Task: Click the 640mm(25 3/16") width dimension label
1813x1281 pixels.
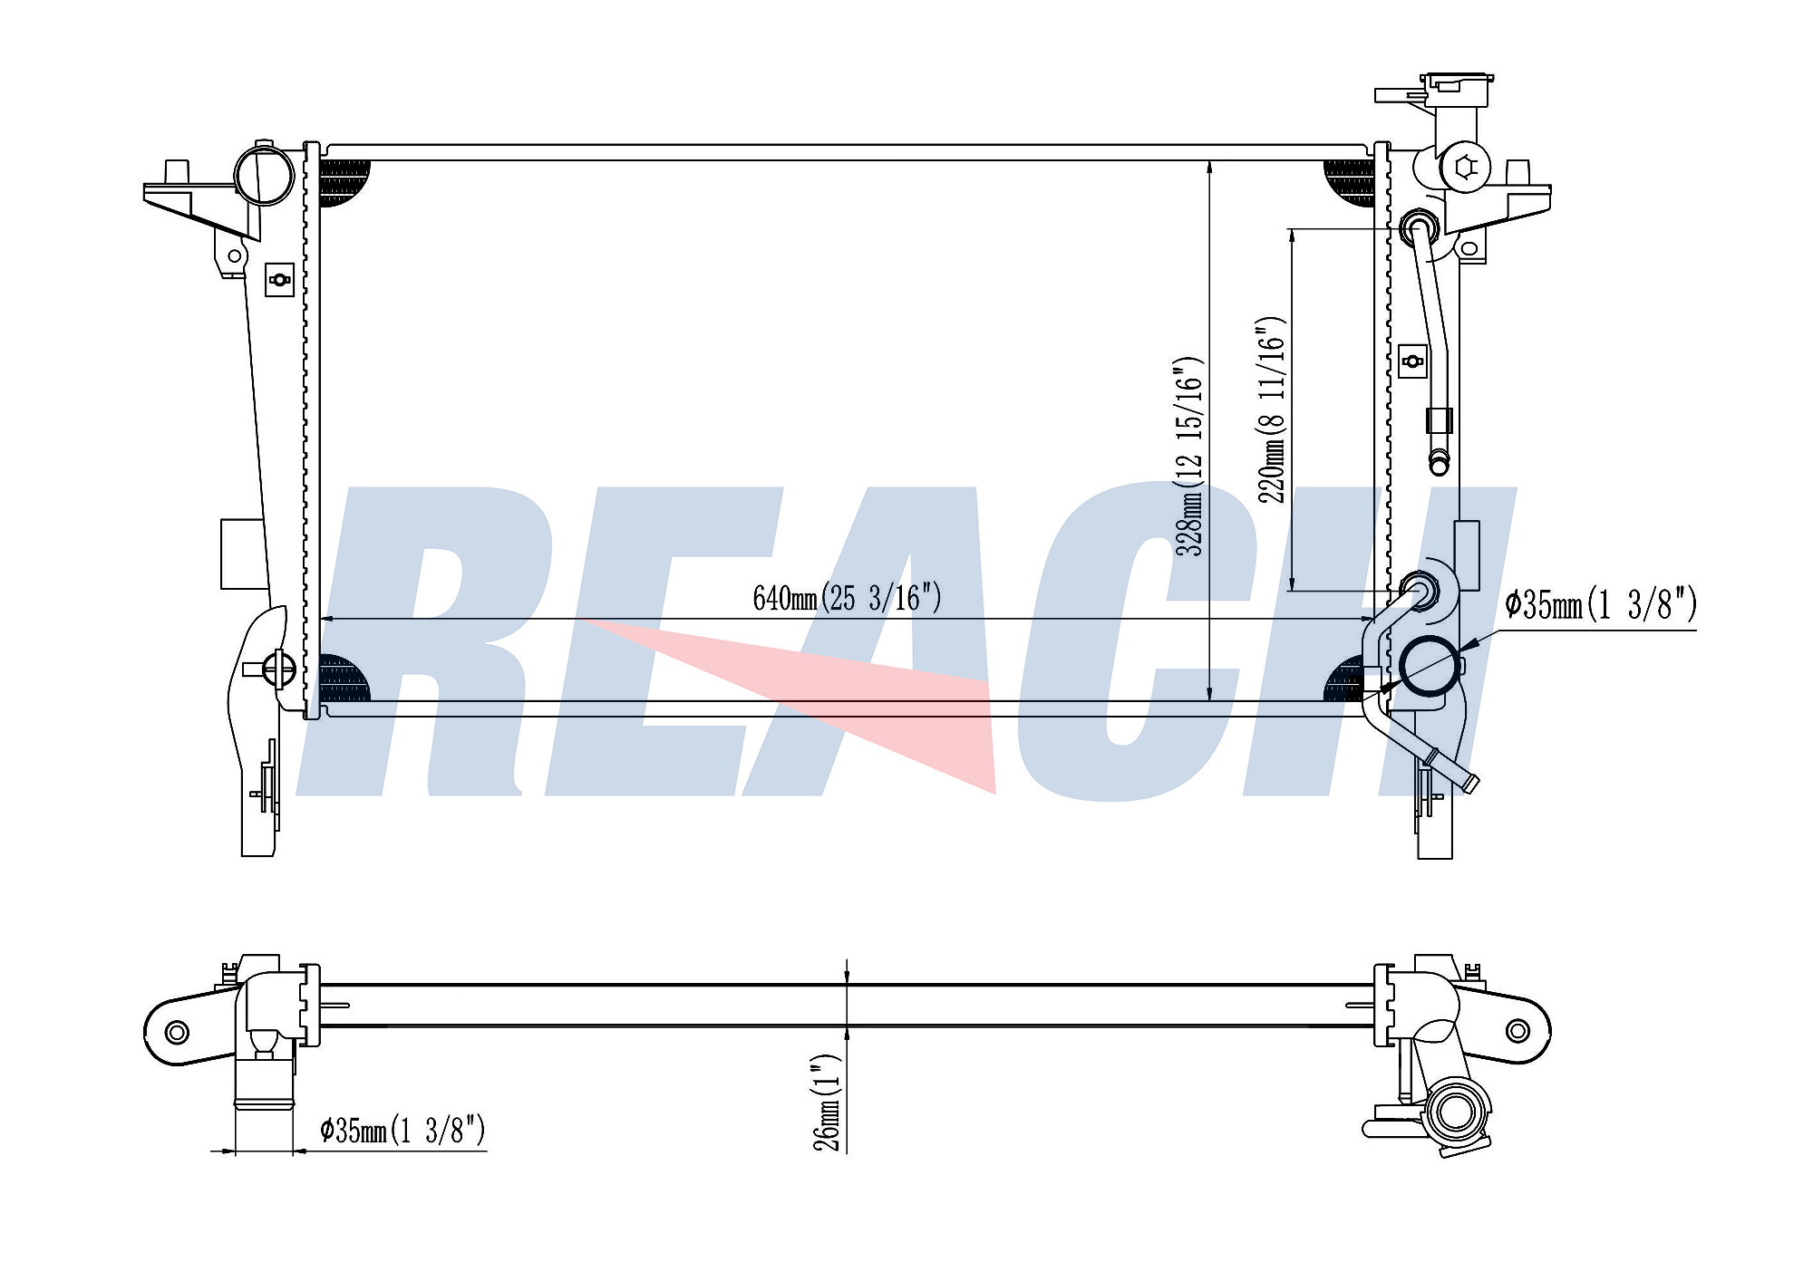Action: (847, 598)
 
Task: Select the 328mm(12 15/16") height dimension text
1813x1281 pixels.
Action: (1188, 456)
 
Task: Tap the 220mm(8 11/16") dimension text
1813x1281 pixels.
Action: (1271, 409)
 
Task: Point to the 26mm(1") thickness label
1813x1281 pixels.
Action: (827, 1102)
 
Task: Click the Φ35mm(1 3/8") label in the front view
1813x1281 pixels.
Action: (1601, 604)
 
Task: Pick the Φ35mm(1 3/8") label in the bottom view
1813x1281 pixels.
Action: (402, 1130)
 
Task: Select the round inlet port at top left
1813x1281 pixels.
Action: (264, 176)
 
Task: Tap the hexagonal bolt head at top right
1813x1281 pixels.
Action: (1466, 167)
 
